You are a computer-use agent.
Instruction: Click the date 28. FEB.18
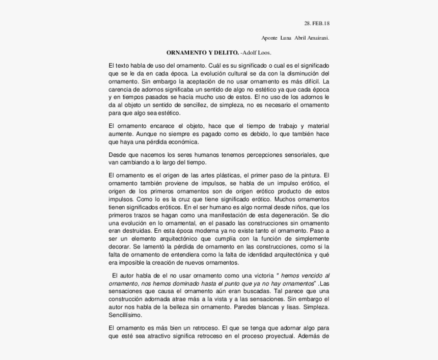pyautogui.click(x=317, y=23)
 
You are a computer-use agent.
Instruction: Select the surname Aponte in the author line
pyautogui.click(x=269, y=38)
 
